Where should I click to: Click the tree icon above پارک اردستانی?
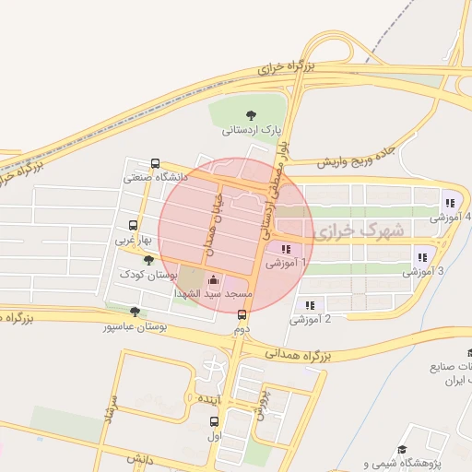252,114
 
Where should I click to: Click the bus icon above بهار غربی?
134,225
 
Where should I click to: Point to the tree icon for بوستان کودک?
148,261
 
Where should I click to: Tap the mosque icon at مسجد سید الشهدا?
215,279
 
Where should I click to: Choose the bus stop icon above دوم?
242,314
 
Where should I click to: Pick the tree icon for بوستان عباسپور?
136,312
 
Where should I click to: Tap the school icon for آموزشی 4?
450,203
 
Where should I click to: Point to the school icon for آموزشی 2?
310,305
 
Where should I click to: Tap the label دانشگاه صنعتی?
157,175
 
